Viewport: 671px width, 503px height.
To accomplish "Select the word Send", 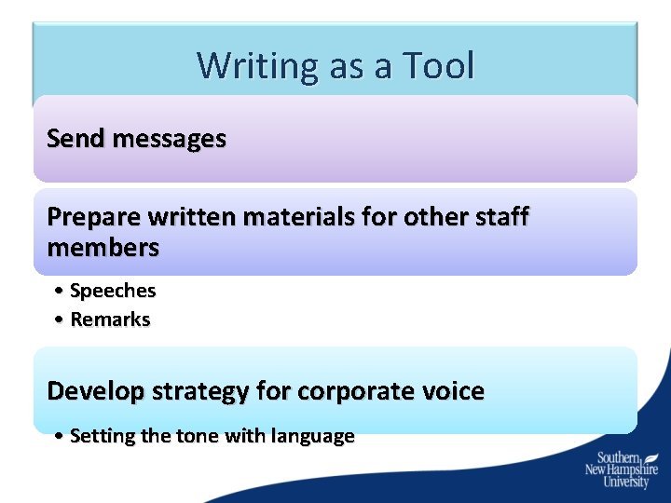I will tap(76, 139).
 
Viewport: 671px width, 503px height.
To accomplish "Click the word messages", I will tap(169, 139).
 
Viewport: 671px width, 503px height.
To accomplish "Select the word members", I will tap(103, 248).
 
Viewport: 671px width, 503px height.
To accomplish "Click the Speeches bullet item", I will tap(113, 291).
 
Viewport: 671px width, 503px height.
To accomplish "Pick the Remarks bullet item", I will tap(110, 319).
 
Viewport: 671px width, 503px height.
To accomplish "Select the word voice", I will tap(456, 391).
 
